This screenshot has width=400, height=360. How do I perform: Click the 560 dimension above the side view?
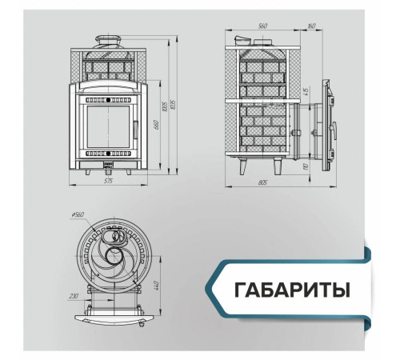click(x=262, y=25)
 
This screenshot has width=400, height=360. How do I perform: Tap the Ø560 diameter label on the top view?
click(x=78, y=215)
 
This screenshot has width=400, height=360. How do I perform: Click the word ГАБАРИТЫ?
click(x=292, y=287)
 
